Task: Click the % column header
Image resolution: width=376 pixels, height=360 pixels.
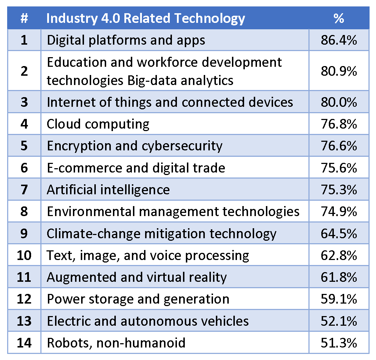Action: pyautogui.click(x=338, y=19)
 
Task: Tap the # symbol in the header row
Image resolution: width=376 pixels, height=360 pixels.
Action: pyautogui.click(x=24, y=19)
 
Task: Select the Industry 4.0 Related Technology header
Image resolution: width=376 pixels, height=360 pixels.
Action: pyautogui.click(x=145, y=19)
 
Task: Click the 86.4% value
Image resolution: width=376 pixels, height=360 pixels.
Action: pyautogui.click(x=338, y=40)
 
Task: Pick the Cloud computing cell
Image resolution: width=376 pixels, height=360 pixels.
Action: pyautogui.click(x=98, y=124)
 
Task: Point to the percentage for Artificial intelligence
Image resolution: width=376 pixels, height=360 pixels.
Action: pyautogui.click(x=338, y=189)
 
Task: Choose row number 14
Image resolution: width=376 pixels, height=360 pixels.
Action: pyautogui.click(x=24, y=343)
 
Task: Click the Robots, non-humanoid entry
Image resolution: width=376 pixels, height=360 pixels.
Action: pyautogui.click(x=116, y=343)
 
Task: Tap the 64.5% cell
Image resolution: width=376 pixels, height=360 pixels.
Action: pyautogui.click(x=338, y=234)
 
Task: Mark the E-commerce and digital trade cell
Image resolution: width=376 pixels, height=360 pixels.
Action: pyautogui.click(x=136, y=167)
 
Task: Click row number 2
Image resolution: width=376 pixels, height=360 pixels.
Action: pyautogui.click(x=24, y=71)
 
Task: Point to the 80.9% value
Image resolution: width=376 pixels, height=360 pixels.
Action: pyautogui.click(x=338, y=71)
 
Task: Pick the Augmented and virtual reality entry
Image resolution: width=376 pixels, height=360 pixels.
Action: pyautogui.click(x=137, y=277)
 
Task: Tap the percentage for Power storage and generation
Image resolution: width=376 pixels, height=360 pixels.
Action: pyautogui.click(x=338, y=299)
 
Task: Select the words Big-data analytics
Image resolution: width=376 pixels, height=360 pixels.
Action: pyautogui.click(x=180, y=80)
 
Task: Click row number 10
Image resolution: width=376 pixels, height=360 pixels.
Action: pyautogui.click(x=24, y=255)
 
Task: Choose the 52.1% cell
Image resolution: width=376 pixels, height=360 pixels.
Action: pyautogui.click(x=338, y=321)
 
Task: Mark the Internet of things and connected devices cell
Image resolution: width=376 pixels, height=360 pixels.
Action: pyautogui.click(x=170, y=102)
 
